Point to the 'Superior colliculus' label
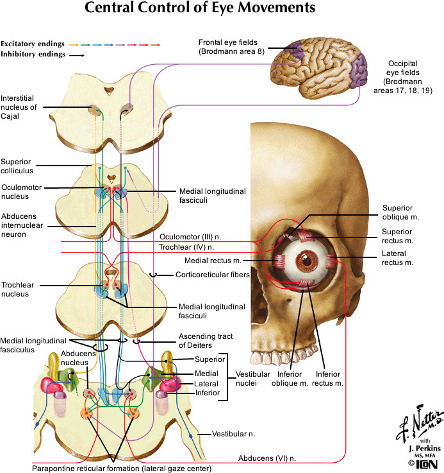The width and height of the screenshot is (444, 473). (17, 166)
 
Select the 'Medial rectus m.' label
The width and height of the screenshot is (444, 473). (213, 261)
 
